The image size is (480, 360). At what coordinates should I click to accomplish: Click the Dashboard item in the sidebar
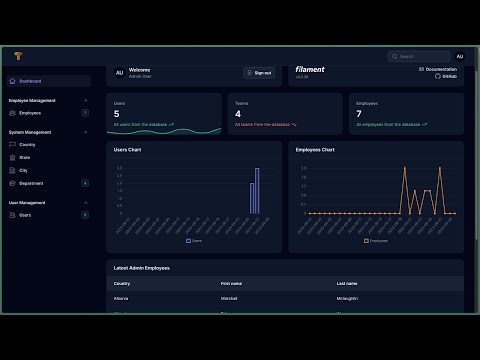tap(30, 81)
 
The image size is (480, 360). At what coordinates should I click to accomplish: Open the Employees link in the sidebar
tap(30, 113)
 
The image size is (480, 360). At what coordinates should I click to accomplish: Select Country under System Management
tap(27, 144)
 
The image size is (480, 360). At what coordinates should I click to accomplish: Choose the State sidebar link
tap(24, 157)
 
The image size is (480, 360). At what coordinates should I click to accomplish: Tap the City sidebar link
tap(23, 170)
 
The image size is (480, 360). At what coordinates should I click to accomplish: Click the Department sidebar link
tap(31, 183)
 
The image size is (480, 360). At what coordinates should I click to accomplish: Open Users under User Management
tap(25, 215)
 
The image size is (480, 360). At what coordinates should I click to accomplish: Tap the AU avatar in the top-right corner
tap(460, 56)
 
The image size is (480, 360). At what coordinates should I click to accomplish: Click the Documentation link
tap(440, 69)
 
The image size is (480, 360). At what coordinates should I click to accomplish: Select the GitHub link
tap(449, 76)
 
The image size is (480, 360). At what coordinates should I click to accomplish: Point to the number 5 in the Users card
tap(116, 114)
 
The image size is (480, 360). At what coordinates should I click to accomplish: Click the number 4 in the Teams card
tap(237, 114)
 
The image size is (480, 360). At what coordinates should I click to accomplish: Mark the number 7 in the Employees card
tap(359, 114)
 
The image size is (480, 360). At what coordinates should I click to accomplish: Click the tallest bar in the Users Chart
tap(257, 190)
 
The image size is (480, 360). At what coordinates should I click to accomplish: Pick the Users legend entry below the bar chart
tap(194, 241)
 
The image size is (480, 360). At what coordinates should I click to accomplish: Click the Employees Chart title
tap(314, 149)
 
